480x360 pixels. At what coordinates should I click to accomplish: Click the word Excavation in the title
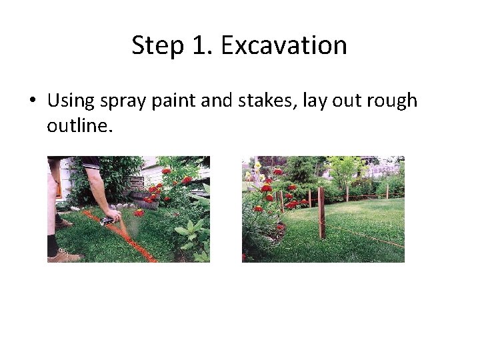(284, 45)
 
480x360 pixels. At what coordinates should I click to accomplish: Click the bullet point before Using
(32, 101)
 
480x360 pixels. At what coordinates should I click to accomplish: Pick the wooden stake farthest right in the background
(387, 191)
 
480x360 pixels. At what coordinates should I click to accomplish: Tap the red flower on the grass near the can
(139, 213)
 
